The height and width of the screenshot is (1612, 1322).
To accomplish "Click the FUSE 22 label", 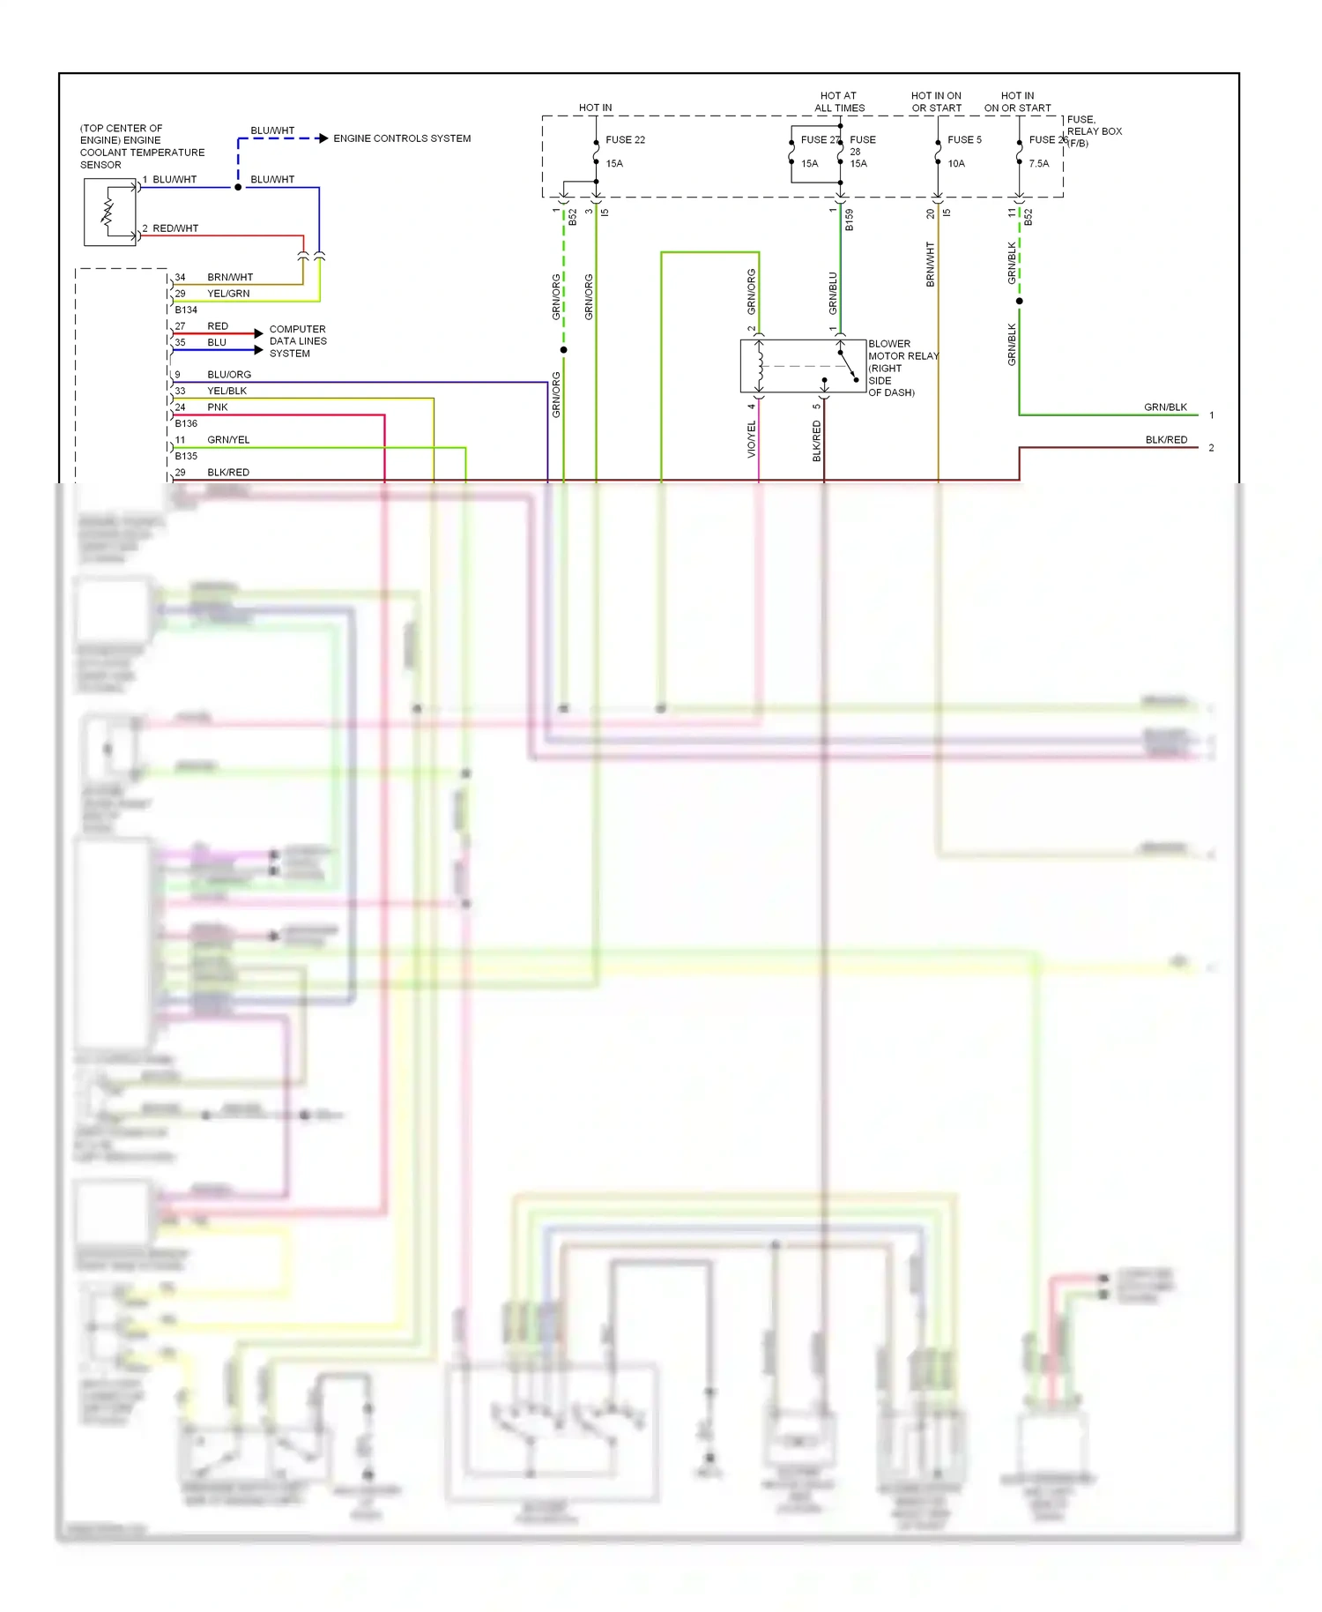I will [x=625, y=139].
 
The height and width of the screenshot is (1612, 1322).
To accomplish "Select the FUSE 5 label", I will [x=964, y=139].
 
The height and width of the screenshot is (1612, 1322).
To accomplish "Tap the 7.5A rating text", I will [x=1038, y=163].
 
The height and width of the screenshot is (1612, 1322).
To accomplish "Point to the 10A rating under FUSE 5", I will [x=956, y=163].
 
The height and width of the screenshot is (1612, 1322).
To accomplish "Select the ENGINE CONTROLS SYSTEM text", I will [x=402, y=138].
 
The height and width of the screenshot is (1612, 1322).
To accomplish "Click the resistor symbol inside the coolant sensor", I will [x=108, y=213].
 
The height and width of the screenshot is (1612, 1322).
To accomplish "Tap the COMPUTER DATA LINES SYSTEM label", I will [x=298, y=340].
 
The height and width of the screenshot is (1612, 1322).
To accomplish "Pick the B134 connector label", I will [x=186, y=310].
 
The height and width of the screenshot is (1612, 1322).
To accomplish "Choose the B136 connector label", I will [x=186, y=423].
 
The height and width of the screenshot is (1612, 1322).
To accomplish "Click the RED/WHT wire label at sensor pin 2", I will [x=175, y=228].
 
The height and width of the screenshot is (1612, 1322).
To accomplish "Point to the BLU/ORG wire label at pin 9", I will [x=229, y=375].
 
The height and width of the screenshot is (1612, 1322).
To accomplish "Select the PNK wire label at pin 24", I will [x=218, y=407].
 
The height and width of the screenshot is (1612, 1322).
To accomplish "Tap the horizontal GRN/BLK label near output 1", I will [x=1165, y=407].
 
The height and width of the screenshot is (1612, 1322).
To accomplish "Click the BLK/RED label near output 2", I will [x=1166, y=440].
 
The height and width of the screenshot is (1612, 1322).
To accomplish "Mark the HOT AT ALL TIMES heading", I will [x=839, y=101].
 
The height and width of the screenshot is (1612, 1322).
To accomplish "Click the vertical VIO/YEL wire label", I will [x=752, y=439].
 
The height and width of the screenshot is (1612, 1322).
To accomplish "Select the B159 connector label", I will [x=849, y=220].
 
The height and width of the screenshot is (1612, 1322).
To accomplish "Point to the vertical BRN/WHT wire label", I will [x=930, y=265].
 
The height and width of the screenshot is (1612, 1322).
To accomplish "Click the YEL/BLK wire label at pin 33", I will [x=227, y=391].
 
